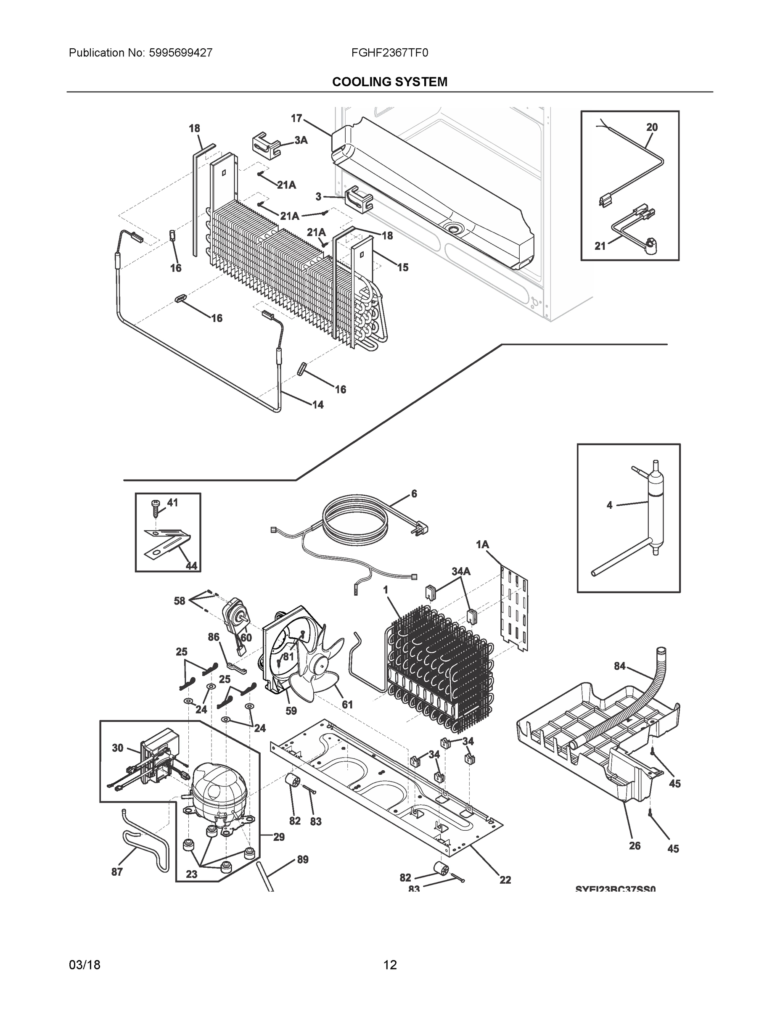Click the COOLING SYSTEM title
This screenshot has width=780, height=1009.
coord(389,82)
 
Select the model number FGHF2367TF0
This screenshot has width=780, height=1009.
coord(389,53)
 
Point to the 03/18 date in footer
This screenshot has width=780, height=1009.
coord(85,965)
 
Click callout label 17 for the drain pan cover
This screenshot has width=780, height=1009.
coord(296,118)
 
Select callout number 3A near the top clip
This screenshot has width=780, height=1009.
coord(301,140)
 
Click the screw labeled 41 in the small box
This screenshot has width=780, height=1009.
coord(155,509)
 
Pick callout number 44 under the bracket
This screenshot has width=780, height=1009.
coord(191,565)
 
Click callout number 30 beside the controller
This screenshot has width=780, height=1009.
coord(117,748)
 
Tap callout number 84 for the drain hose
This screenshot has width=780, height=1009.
coord(620,666)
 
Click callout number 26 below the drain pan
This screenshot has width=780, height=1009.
coord(635,845)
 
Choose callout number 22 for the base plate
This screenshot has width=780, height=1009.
coord(505,880)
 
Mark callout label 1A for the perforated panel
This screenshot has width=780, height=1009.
coord(482,545)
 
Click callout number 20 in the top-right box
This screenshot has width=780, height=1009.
coord(651,127)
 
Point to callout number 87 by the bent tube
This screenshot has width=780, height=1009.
coord(117,872)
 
